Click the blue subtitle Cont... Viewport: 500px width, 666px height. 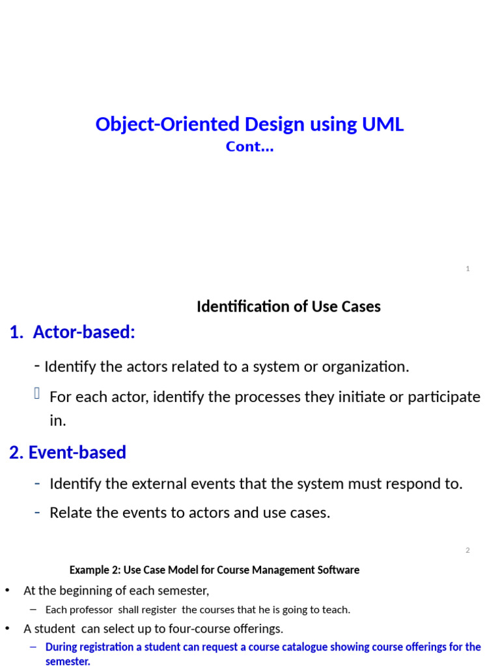(x=249, y=147)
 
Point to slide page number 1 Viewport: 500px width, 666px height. (x=468, y=269)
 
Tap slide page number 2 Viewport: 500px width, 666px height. (x=467, y=550)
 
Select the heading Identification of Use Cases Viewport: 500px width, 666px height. (x=288, y=306)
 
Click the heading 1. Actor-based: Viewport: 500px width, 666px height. (x=72, y=332)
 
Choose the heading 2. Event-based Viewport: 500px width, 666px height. (x=68, y=452)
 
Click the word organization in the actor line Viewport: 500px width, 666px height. (x=368, y=367)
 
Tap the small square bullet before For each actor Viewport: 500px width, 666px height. (x=37, y=393)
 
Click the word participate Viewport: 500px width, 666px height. (x=444, y=397)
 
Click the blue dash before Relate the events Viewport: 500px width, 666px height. (x=37, y=513)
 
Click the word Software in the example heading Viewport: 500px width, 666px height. (x=337, y=570)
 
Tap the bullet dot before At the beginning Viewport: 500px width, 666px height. (x=8, y=591)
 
